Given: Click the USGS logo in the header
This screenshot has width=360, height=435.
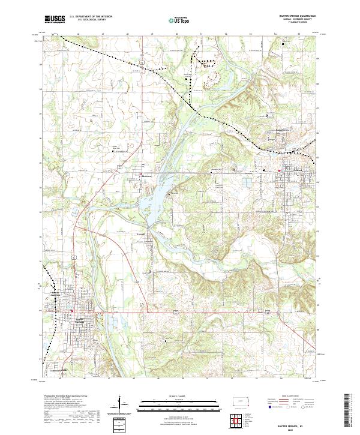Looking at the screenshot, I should click(55, 19).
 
